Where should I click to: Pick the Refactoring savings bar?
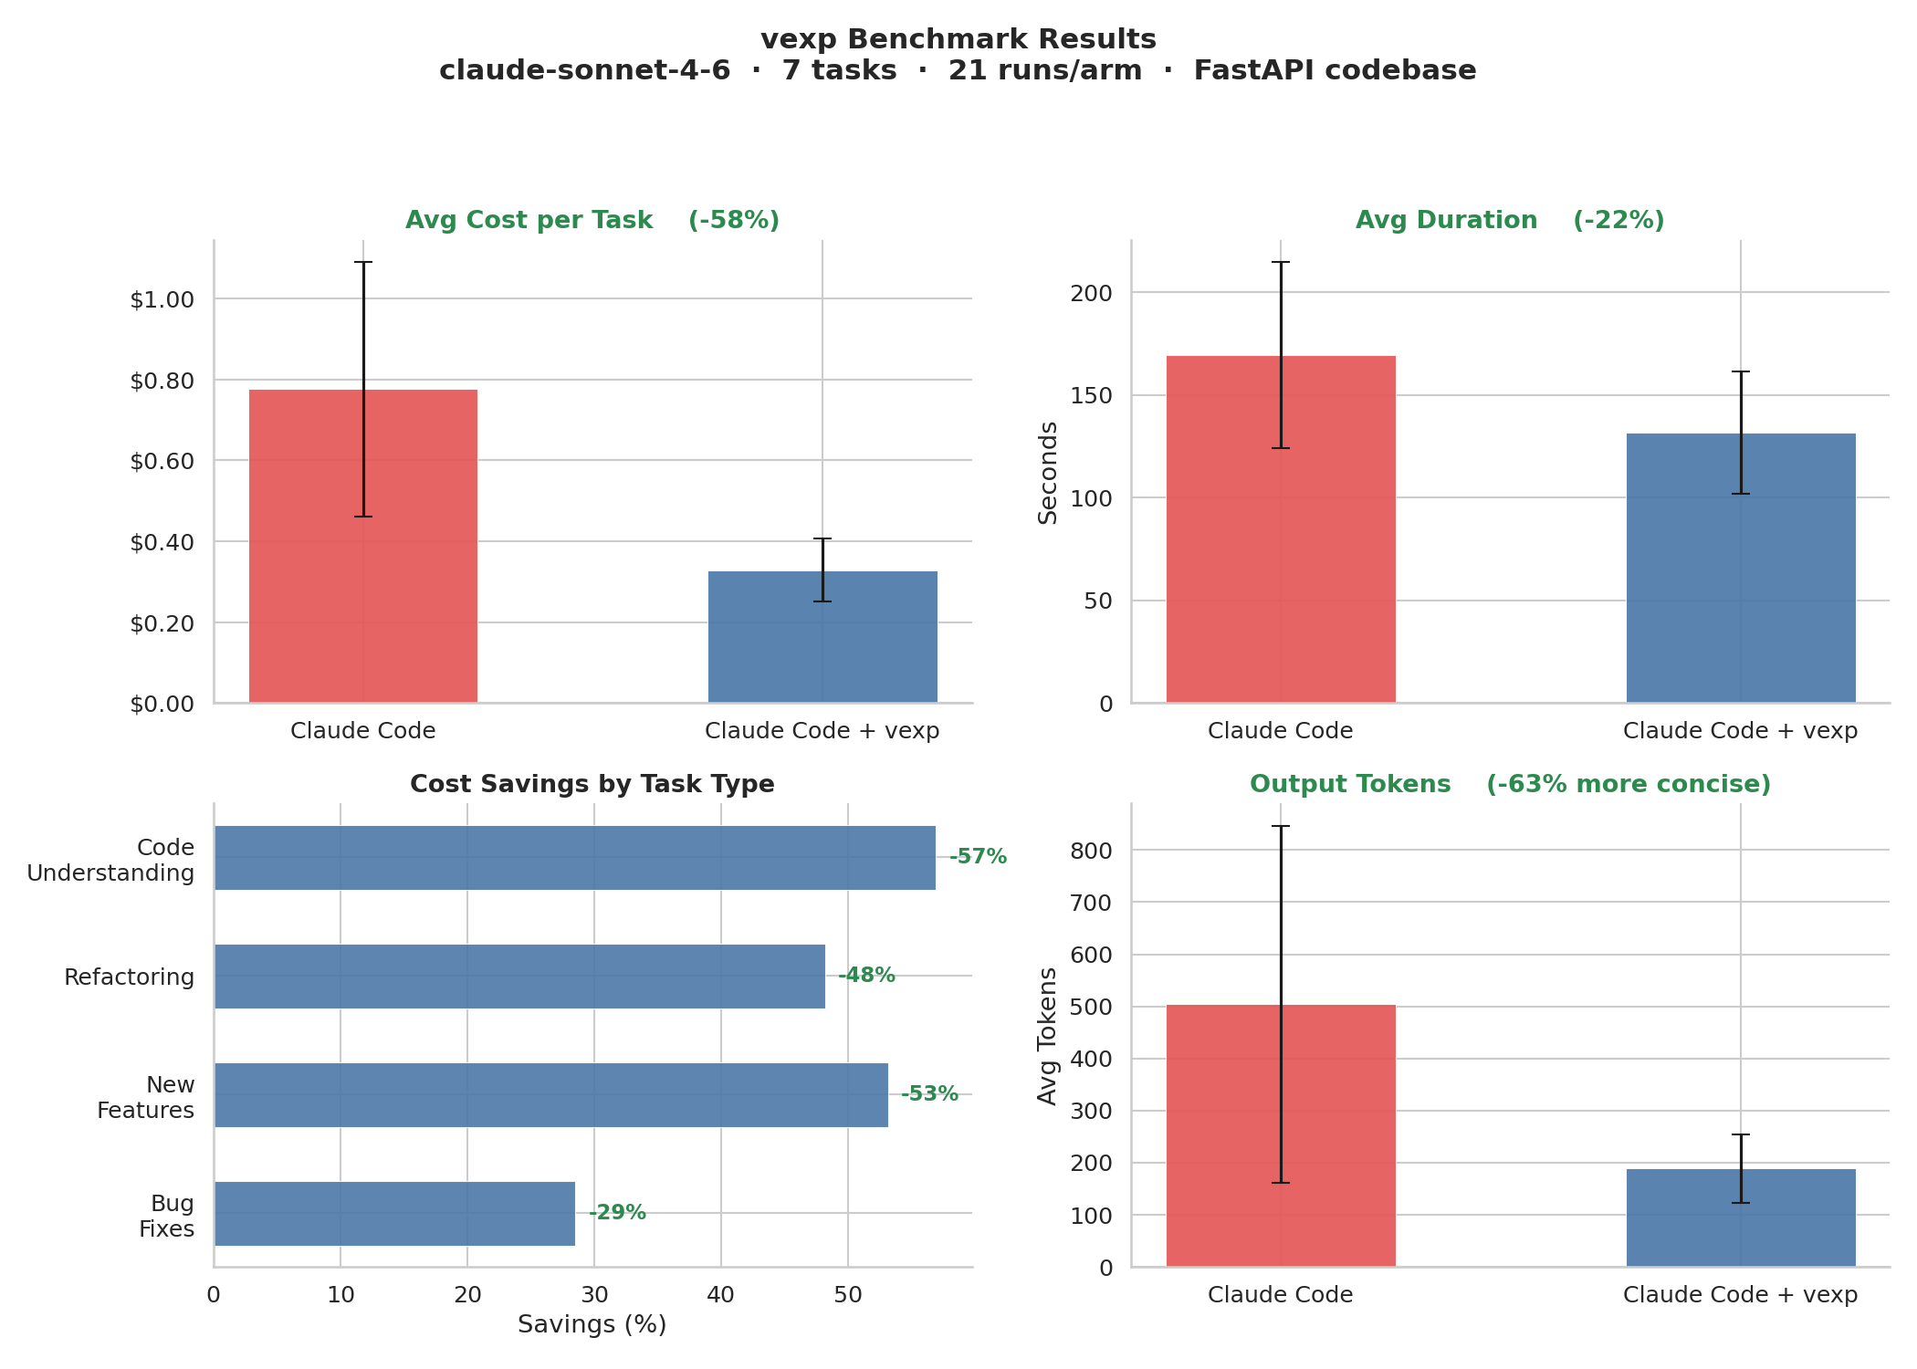519,976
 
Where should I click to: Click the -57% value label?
978,857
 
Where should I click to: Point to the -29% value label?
617,1213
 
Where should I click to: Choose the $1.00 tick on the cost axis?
162,299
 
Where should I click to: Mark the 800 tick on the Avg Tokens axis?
1093,851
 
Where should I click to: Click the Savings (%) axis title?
592,1324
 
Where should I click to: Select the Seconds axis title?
1048,472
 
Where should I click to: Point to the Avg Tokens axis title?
1048,1036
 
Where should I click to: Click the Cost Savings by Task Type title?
592,784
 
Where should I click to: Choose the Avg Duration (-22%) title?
1510,220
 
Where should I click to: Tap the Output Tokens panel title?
1510,784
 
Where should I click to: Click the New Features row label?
146,1097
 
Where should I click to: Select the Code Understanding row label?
111,860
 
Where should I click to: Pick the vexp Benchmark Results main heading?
958,39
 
